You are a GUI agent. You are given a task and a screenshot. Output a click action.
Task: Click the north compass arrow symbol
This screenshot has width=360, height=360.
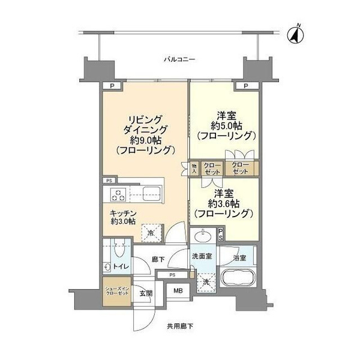(x=295, y=34)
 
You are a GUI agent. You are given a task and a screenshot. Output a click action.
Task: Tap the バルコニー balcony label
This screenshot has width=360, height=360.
(x=179, y=60)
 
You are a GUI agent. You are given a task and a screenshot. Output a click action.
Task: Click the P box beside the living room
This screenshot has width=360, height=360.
(x=112, y=86)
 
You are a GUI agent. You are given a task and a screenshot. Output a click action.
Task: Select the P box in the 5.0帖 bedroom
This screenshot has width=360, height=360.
(x=246, y=86)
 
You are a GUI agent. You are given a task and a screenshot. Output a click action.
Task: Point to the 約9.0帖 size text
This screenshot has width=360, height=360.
(x=146, y=140)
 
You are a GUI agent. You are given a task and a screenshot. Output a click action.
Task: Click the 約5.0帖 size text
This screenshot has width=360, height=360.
(x=226, y=126)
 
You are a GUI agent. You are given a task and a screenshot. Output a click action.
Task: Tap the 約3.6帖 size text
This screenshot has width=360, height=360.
(x=224, y=203)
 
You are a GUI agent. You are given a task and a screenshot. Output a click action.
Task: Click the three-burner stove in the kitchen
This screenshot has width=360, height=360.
(x=118, y=194)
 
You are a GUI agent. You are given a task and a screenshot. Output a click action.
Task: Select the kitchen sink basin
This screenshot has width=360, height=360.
(x=152, y=194)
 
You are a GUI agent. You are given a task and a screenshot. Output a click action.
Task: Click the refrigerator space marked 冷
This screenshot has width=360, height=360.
(x=151, y=233)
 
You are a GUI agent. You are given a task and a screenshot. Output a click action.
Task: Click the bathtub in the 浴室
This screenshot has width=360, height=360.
(x=238, y=277)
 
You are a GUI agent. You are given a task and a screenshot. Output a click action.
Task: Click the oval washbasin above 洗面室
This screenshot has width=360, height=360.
(x=203, y=235)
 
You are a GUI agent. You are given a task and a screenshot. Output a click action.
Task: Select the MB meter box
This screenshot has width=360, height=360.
(x=178, y=290)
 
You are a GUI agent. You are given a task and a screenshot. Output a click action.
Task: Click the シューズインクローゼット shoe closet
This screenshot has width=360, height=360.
(x=117, y=292)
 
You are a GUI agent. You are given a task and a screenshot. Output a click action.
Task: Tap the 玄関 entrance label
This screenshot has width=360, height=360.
(x=146, y=293)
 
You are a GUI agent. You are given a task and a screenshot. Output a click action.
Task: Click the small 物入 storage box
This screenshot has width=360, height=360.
(x=194, y=169)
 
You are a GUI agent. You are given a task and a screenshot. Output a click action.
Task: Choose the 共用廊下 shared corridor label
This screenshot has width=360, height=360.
(x=180, y=326)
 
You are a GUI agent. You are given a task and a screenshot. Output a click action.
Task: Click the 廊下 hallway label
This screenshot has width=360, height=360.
(x=158, y=259)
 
